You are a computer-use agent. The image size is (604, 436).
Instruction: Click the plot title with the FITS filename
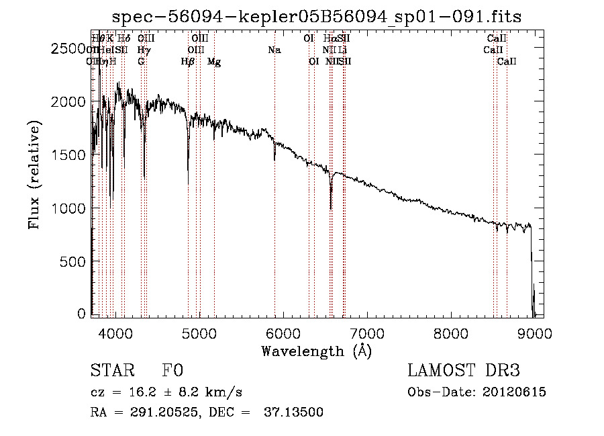(316, 16)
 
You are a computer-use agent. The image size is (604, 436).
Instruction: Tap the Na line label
(274, 50)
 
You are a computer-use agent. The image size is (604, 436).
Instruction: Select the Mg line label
(214, 62)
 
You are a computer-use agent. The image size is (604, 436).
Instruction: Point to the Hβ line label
(187, 62)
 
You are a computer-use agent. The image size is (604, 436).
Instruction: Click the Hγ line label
(143, 50)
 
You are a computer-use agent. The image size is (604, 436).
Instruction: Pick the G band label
(141, 62)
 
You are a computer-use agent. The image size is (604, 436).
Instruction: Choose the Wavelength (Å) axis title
(316, 351)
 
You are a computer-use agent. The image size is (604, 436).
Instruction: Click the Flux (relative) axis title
(34, 175)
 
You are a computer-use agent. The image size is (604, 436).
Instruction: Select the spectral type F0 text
(172, 372)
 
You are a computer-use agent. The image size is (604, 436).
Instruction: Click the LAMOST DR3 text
(464, 372)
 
